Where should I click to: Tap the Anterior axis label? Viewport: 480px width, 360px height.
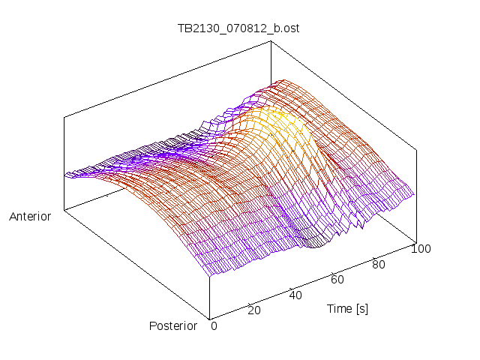[x=30, y=217]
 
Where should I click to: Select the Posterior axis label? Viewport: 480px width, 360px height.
[x=172, y=325]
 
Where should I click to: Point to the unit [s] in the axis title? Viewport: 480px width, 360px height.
[x=361, y=308]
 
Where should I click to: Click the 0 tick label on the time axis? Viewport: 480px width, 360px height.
[x=214, y=325]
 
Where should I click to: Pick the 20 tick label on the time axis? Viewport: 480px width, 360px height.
[x=253, y=310]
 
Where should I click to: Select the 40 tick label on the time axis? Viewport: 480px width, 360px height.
[x=295, y=295]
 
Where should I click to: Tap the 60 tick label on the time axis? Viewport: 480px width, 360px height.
[x=337, y=280]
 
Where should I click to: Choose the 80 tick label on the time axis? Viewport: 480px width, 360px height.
[x=379, y=264]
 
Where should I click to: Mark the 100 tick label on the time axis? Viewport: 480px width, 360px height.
[x=421, y=249]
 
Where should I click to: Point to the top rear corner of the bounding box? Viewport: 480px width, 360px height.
[x=271, y=41]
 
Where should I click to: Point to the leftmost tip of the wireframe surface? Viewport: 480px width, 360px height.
[x=65, y=175]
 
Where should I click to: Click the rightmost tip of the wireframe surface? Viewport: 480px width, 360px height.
[x=414, y=194]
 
